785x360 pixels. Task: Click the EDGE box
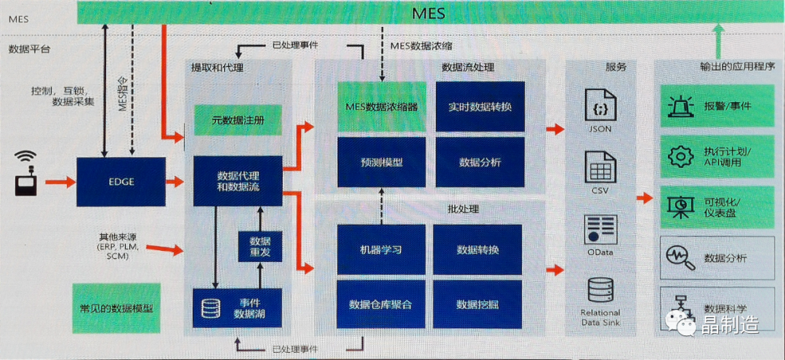[x=121, y=181]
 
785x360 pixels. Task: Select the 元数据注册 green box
[x=238, y=120]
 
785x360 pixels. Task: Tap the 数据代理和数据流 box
[x=238, y=181]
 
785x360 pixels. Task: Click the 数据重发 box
[x=259, y=247]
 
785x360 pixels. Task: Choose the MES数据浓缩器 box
[x=381, y=106]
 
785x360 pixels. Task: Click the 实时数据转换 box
[x=480, y=106]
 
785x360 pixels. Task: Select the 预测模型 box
[x=381, y=162]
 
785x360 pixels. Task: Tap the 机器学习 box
[x=381, y=249]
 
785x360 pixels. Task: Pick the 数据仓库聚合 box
[x=381, y=304]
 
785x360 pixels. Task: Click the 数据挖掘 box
[x=477, y=304]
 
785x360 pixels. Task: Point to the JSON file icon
[x=600, y=106]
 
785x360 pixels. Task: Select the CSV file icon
[x=600, y=168]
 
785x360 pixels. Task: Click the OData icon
[x=600, y=229]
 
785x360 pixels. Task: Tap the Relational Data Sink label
[x=600, y=317]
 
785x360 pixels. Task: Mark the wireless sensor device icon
[x=26, y=173]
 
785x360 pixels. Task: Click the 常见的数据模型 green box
[x=117, y=308]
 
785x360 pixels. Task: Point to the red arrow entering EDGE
[x=60, y=181]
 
